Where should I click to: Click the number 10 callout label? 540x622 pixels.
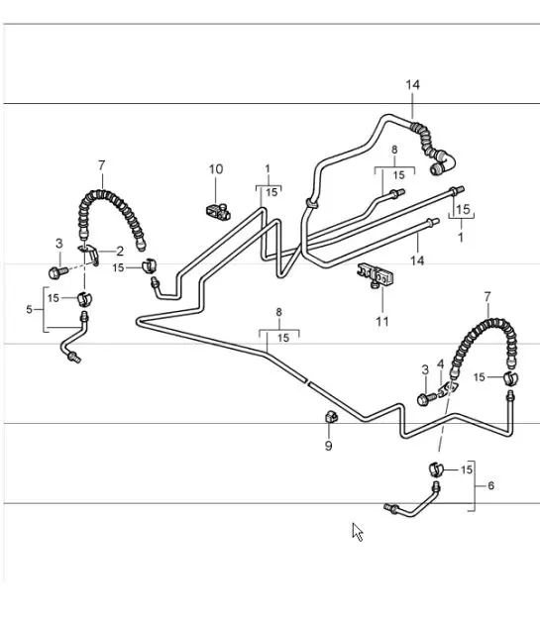pos(216,169)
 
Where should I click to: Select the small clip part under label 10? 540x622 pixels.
pos(219,211)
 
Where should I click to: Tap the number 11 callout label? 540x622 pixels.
pos(382,321)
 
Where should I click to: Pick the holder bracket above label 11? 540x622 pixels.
pos(375,274)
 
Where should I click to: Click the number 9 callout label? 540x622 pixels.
pos(328,447)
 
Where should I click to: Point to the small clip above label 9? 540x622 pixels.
pos(331,417)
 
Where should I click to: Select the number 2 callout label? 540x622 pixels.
pos(120,252)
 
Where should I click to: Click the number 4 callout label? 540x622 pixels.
pos(440,364)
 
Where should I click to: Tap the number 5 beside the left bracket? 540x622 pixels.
pos(29,309)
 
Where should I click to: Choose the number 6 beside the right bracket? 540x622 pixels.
pos(491,485)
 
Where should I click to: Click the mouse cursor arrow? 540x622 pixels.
pos(358,532)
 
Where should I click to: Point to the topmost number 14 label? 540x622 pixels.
pos(412,85)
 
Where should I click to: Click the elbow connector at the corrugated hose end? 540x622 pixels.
pos(442,162)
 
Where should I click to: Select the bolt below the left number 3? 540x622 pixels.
pos(56,272)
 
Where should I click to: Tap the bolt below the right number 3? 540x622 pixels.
pos(426,399)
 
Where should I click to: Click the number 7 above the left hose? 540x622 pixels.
pos(102,165)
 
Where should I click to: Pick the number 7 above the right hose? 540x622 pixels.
pos(487,296)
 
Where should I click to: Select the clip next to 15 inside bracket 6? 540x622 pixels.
pos(436,468)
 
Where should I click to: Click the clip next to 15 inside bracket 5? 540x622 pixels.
pos(84,299)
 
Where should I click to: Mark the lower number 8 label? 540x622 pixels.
pos(279,313)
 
